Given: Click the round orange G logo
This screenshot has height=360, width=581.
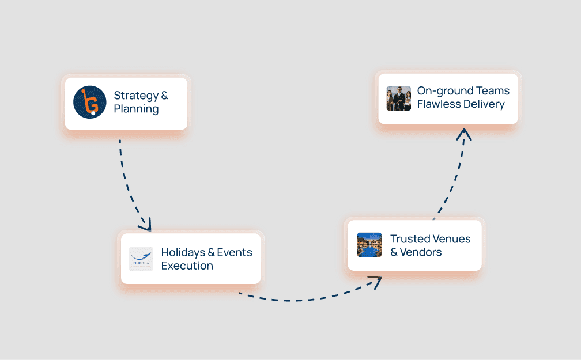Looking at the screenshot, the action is (90, 102).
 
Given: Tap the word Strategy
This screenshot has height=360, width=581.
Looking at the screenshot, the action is (136, 96).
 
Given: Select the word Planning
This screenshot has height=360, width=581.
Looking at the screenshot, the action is (136, 109).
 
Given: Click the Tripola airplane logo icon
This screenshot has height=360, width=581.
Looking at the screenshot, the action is (141, 259).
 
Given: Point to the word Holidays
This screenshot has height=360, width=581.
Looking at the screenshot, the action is (183, 253).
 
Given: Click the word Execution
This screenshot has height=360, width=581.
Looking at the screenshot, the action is (187, 266).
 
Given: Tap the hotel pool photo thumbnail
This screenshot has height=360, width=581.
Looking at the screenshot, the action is (369, 245).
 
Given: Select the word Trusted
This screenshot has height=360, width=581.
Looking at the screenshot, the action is (410, 239).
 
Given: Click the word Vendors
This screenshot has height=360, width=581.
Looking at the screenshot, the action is (421, 252).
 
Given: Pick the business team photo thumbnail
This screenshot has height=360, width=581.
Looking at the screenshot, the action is (399, 98).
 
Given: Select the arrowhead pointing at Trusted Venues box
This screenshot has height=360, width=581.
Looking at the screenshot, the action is (375, 282).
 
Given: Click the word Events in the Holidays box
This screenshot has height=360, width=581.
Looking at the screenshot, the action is (235, 253).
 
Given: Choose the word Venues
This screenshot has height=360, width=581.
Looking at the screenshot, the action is (452, 239).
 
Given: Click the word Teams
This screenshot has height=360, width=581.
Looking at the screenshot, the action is (493, 91).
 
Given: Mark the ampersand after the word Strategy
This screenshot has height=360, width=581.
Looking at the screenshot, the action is (164, 96).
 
